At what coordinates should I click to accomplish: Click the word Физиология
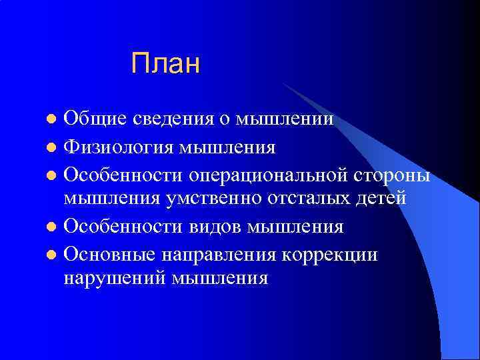[x=119, y=146]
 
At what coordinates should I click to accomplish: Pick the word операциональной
[x=274, y=174]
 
